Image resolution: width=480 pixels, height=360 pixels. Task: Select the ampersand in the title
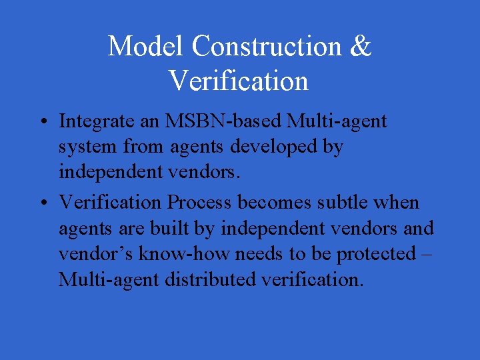(x=361, y=47)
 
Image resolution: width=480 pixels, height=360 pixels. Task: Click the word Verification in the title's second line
(x=239, y=81)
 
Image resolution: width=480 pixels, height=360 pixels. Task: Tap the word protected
(x=375, y=254)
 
